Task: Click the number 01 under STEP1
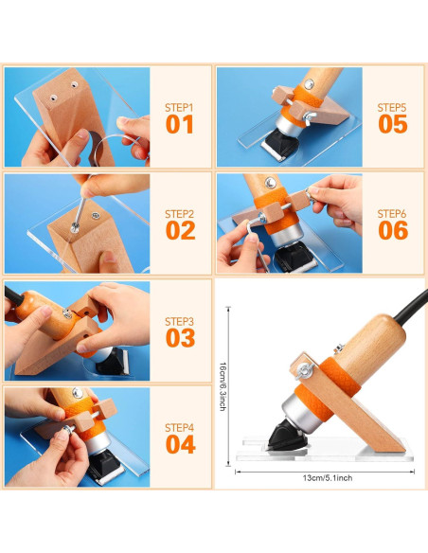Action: coord(180,124)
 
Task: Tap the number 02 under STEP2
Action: coord(180,230)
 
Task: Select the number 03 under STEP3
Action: coord(180,337)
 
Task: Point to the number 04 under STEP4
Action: coord(181,444)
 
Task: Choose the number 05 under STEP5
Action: coord(393,124)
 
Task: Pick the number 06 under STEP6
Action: coord(393,230)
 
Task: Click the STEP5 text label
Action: coord(392,108)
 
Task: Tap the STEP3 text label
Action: coord(180,322)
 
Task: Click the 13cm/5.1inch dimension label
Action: coord(328,478)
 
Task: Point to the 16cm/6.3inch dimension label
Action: coord(223,386)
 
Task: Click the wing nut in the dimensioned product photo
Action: coord(304,371)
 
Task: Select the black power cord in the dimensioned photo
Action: coord(412,306)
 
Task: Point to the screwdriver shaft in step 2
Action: coord(80,210)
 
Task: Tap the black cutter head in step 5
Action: coord(278,144)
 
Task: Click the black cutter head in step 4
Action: coord(106,468)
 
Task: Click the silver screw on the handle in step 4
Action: coord(78,393)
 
